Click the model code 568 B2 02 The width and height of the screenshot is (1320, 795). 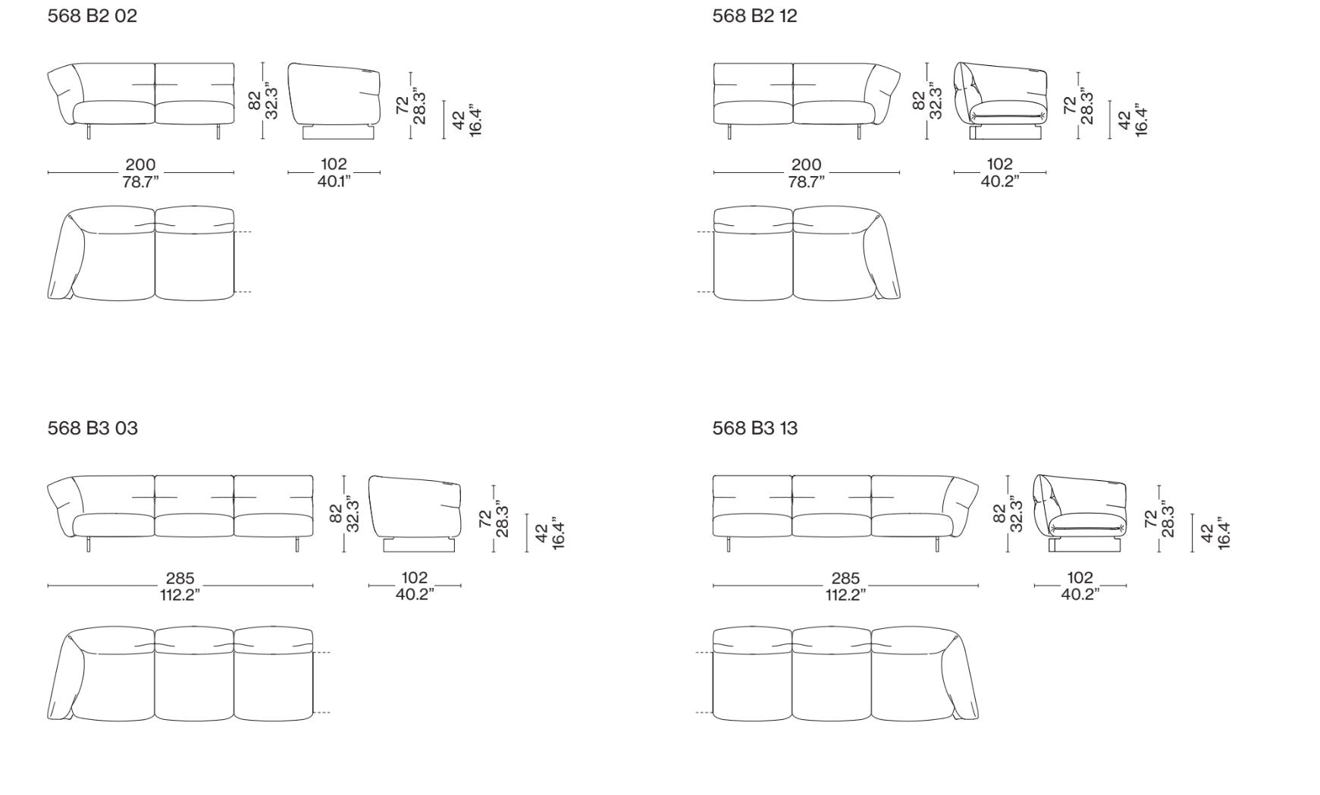92,16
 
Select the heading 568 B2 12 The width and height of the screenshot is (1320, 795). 754,16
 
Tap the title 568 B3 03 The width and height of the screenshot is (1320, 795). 92,429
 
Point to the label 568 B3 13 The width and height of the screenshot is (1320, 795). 754,429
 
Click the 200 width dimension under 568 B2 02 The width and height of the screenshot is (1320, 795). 140,165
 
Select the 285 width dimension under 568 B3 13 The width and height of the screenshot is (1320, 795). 845,578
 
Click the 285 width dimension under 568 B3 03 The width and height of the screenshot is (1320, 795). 180,578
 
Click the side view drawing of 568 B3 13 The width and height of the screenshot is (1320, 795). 1080,514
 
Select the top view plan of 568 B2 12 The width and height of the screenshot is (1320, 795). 807,253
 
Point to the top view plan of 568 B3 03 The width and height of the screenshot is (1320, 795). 180,674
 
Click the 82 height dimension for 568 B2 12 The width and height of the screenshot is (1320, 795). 918,101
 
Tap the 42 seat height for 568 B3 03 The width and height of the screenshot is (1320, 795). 541,533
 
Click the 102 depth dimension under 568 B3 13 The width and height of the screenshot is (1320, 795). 1080,578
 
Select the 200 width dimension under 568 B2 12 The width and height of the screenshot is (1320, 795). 806,165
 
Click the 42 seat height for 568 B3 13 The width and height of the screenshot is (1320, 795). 1207,533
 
